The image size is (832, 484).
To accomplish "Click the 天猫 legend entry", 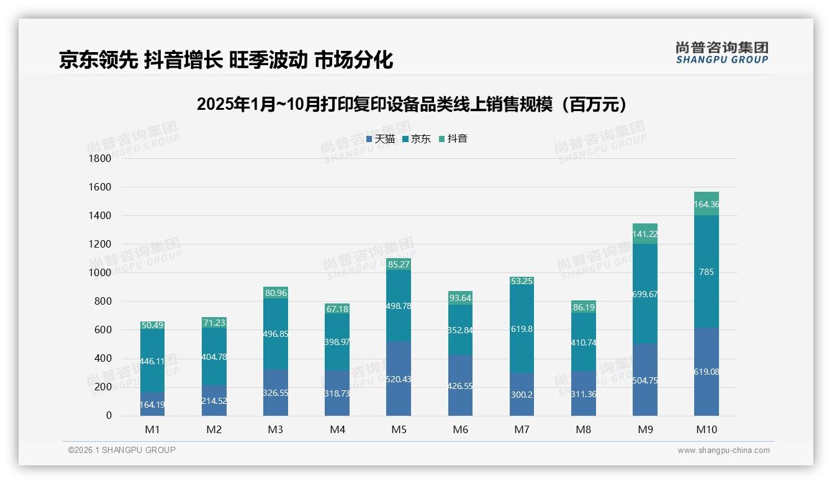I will tap(380, 139).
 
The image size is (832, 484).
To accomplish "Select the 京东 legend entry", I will tap(417, 139).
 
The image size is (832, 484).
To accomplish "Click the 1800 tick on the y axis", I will tap(100, 158).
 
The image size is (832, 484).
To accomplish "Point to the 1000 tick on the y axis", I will tap(100, 273).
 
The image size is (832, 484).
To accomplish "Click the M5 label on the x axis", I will tap(399, 429).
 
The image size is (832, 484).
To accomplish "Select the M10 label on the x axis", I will tap(707, 429).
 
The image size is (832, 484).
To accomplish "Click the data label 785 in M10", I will tap(707, 272).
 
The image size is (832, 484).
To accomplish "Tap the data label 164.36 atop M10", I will tap(707, 204).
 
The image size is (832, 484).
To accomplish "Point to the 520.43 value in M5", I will tap(399, 379).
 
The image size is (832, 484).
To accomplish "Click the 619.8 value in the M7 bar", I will tap(522, 329).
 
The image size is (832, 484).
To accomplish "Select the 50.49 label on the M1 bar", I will tap(152, 325).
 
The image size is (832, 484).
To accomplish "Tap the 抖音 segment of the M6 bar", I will tap(460, 298).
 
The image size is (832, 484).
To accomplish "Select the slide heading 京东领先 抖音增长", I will tap(226, 60).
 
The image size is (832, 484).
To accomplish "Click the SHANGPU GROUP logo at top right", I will tap(721, 53).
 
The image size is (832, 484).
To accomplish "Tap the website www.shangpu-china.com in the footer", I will tap(723, 450).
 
